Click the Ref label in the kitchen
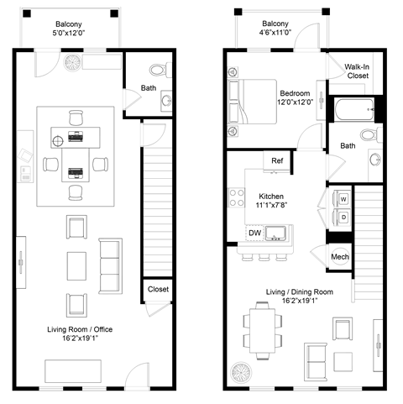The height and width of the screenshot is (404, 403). pos(275,161)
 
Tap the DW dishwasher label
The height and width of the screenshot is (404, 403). pos(254,233)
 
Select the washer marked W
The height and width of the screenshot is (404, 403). pos(343,199)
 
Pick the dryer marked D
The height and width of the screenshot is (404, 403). pos(343,218)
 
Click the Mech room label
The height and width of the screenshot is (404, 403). pos(340,256)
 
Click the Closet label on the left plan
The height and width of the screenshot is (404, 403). pos(158,289)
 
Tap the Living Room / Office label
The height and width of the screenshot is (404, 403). pos(73,335)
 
